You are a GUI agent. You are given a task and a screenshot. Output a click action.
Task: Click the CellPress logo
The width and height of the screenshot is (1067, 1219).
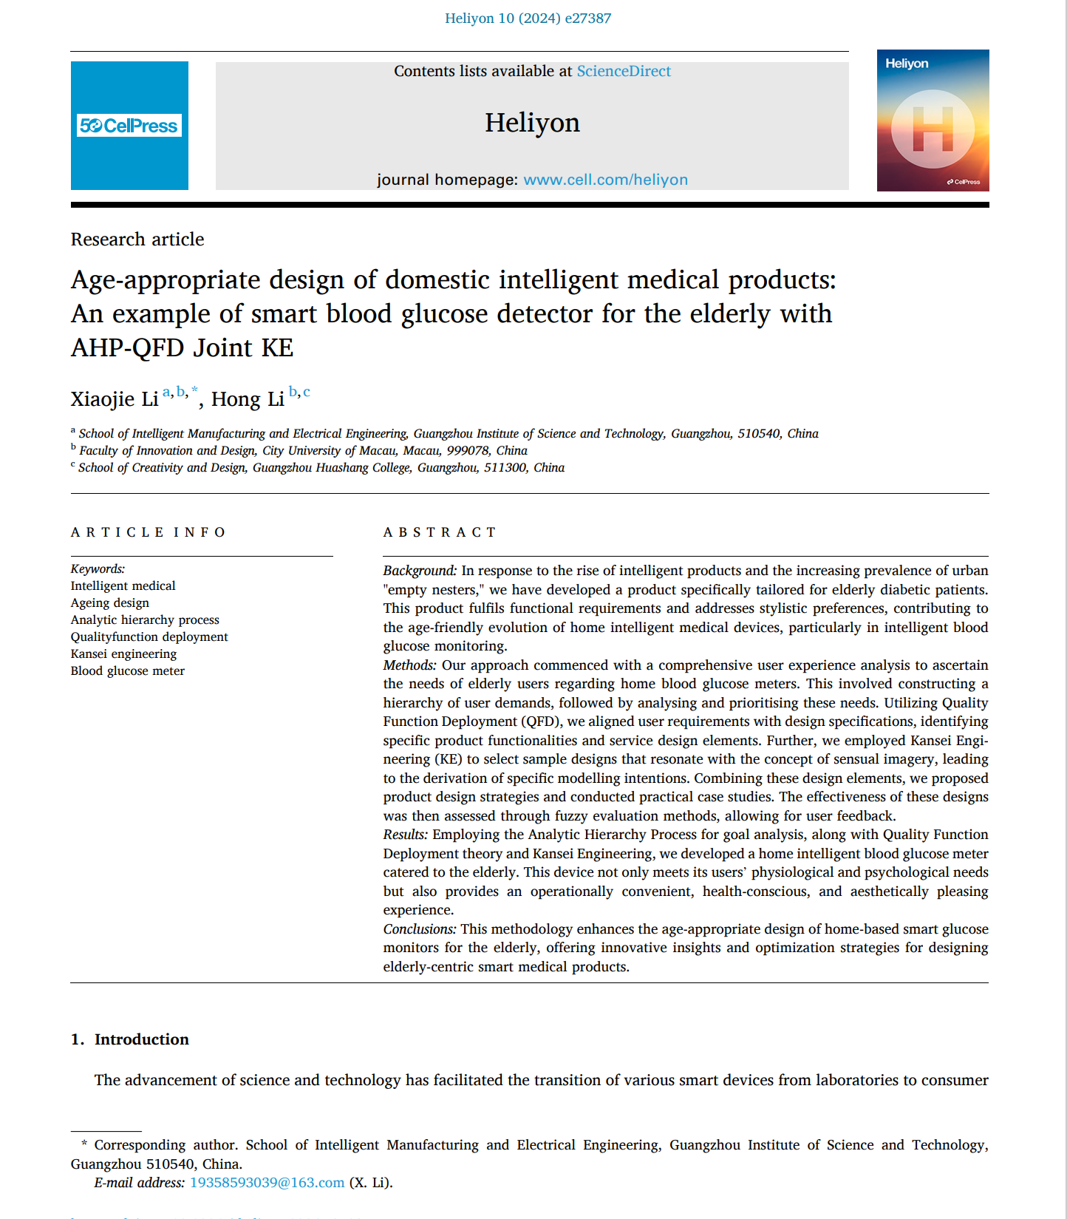[129, 126]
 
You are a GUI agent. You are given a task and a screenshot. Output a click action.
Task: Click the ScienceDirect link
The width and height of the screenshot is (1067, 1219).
[624, 71]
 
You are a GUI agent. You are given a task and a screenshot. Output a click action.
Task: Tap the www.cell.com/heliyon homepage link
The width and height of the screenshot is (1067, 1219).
[605, 180]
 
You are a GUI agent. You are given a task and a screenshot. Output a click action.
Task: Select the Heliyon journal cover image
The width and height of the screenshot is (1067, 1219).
[933, 120]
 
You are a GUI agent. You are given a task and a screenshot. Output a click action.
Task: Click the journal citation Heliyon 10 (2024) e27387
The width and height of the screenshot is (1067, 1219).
[528, 18]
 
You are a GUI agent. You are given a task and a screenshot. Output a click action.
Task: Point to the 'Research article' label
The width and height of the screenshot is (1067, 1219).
[137, 240]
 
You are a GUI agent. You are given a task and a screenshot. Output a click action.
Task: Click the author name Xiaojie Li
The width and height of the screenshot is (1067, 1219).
[115, 399]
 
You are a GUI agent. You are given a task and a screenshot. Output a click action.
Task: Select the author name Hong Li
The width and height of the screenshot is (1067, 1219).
[248, 399]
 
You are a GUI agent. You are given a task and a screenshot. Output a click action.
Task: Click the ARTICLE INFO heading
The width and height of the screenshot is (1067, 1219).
[148, 532]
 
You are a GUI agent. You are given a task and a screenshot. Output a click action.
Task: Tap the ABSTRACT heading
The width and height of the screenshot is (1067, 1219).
[440, 532]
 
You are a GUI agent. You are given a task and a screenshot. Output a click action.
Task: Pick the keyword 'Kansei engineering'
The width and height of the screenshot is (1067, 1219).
[123, 653]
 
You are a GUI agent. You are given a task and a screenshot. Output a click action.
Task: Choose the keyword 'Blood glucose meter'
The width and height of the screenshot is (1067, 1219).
[127, 670]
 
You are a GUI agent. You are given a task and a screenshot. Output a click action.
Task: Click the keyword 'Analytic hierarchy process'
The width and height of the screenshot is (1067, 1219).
[145, 619]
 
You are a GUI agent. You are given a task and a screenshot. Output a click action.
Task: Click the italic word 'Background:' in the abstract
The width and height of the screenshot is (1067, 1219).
[420, 571]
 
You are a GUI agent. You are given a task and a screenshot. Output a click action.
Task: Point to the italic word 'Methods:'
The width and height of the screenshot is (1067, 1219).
[409, 665]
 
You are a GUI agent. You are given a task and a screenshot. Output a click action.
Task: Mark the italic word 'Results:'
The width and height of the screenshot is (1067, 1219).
[405, 835]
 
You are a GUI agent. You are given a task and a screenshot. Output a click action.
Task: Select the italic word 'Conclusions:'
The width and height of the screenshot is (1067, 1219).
[420, 929]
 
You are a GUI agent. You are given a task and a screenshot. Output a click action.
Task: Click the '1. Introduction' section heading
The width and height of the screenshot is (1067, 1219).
[130, 1039]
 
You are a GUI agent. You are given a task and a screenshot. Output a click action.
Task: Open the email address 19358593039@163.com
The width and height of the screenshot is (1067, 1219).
[267, 1182]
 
